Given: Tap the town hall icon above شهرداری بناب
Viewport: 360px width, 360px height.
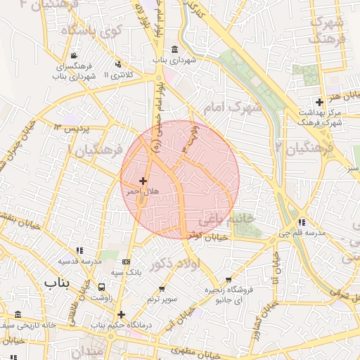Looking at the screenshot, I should coord(174,49).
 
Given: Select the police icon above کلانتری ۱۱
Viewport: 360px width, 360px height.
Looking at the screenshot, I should coord(117,64).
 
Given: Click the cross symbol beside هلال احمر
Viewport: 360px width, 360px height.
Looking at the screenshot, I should coord(143,181).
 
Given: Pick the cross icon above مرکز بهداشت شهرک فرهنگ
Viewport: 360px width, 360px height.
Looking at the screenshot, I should coord(319,102).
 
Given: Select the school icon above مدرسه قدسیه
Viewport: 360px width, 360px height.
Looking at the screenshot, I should coord(80,250).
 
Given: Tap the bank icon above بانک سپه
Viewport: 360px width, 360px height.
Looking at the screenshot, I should coord(126,262).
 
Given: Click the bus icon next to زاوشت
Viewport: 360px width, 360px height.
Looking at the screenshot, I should coord(101,287).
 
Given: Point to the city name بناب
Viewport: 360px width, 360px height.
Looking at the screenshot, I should coord(59,283).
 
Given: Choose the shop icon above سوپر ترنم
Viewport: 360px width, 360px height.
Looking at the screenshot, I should coord(162,289).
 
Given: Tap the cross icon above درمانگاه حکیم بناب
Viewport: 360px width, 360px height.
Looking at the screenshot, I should coord(122,314).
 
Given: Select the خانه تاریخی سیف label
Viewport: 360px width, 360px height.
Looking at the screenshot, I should coord(27,326).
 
